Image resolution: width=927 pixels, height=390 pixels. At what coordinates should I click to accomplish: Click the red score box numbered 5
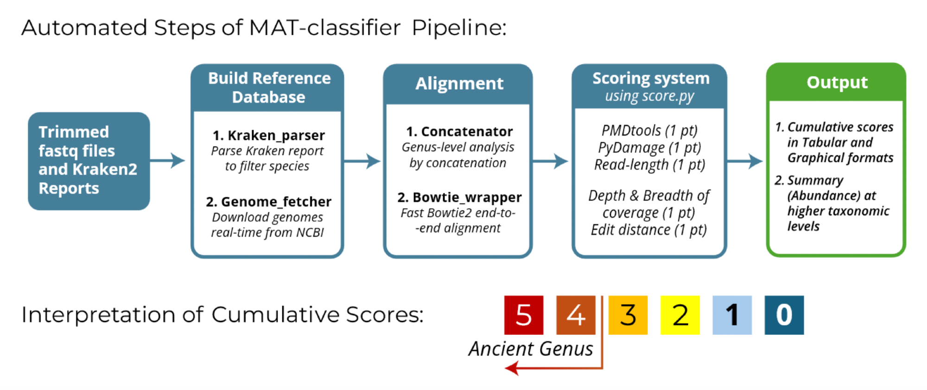click(523, 315)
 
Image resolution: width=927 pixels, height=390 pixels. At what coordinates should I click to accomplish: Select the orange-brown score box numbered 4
click(576, 315)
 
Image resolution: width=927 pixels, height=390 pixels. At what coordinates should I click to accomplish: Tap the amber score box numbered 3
click(628, 315)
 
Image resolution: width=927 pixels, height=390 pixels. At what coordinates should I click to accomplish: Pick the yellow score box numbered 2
click(680, 315)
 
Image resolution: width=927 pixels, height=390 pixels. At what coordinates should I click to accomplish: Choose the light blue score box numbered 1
click(732, 315)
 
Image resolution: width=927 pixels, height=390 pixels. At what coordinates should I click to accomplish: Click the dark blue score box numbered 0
click(784, 315)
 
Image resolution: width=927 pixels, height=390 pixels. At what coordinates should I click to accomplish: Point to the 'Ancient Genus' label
click(530, 349)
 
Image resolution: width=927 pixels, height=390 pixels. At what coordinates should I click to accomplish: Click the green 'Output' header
click(837, 82)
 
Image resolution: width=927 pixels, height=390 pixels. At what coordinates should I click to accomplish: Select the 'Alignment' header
click(459, 83)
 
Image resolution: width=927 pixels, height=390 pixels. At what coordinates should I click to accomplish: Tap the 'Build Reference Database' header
click(269, 88)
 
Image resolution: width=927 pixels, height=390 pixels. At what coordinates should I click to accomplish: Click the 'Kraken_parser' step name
click(269, 135)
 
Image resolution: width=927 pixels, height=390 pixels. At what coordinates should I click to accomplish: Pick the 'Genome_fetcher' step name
click(269, 202)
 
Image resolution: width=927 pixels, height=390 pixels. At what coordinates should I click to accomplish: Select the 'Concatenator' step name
click(459, 132)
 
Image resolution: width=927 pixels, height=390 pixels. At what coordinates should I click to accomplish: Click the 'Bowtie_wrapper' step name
click(459, 198)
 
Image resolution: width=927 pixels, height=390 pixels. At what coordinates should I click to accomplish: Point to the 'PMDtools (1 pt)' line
click(649, 131)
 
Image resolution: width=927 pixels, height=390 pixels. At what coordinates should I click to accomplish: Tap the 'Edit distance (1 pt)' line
click(648, 230)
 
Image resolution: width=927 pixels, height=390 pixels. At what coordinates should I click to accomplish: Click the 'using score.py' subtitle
click(649, 96)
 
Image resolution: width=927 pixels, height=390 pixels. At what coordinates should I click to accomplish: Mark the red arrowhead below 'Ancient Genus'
click(512, 369)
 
